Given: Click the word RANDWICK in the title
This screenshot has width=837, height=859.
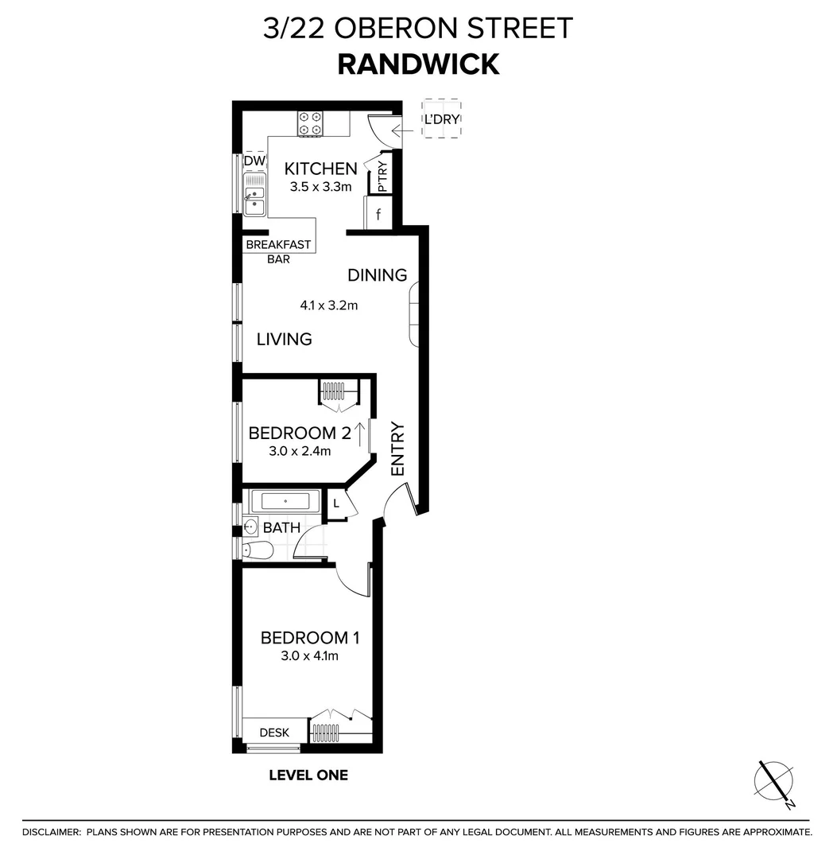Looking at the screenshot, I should [x=418, y=64].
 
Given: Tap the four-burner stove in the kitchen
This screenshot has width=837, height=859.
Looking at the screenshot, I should [x=310, y=123].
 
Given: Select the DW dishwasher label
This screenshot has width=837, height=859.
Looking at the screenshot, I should [x=254, y=161].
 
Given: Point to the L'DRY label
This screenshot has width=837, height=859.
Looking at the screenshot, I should [x=442, y=120].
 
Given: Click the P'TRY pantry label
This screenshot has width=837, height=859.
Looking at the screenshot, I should [x=382, y=177].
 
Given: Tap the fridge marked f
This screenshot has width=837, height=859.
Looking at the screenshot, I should [x=378, y=214].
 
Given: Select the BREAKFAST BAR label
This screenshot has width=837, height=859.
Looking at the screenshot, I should [x=278, y=251].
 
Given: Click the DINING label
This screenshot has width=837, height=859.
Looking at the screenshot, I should [x=378, y=275].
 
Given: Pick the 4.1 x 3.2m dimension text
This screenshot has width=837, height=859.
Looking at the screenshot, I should [x=329, y=305].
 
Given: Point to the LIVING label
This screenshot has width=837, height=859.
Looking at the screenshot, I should [x=284, y=339].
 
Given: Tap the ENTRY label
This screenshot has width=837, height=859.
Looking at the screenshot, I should [x=398, y=449].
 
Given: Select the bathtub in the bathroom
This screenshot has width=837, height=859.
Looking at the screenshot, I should [x=285, y=502].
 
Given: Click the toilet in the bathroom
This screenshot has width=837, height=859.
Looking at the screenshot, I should [x=259, y=550].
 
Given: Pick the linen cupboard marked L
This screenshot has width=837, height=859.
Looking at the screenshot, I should [x=336, y=503].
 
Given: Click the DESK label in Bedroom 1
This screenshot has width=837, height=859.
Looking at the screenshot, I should [x=274, y=733].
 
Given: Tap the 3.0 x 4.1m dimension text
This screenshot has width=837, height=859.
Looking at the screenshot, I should [x=310, y=656].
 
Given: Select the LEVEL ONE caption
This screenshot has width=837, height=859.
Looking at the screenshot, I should [x=308, y=775].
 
